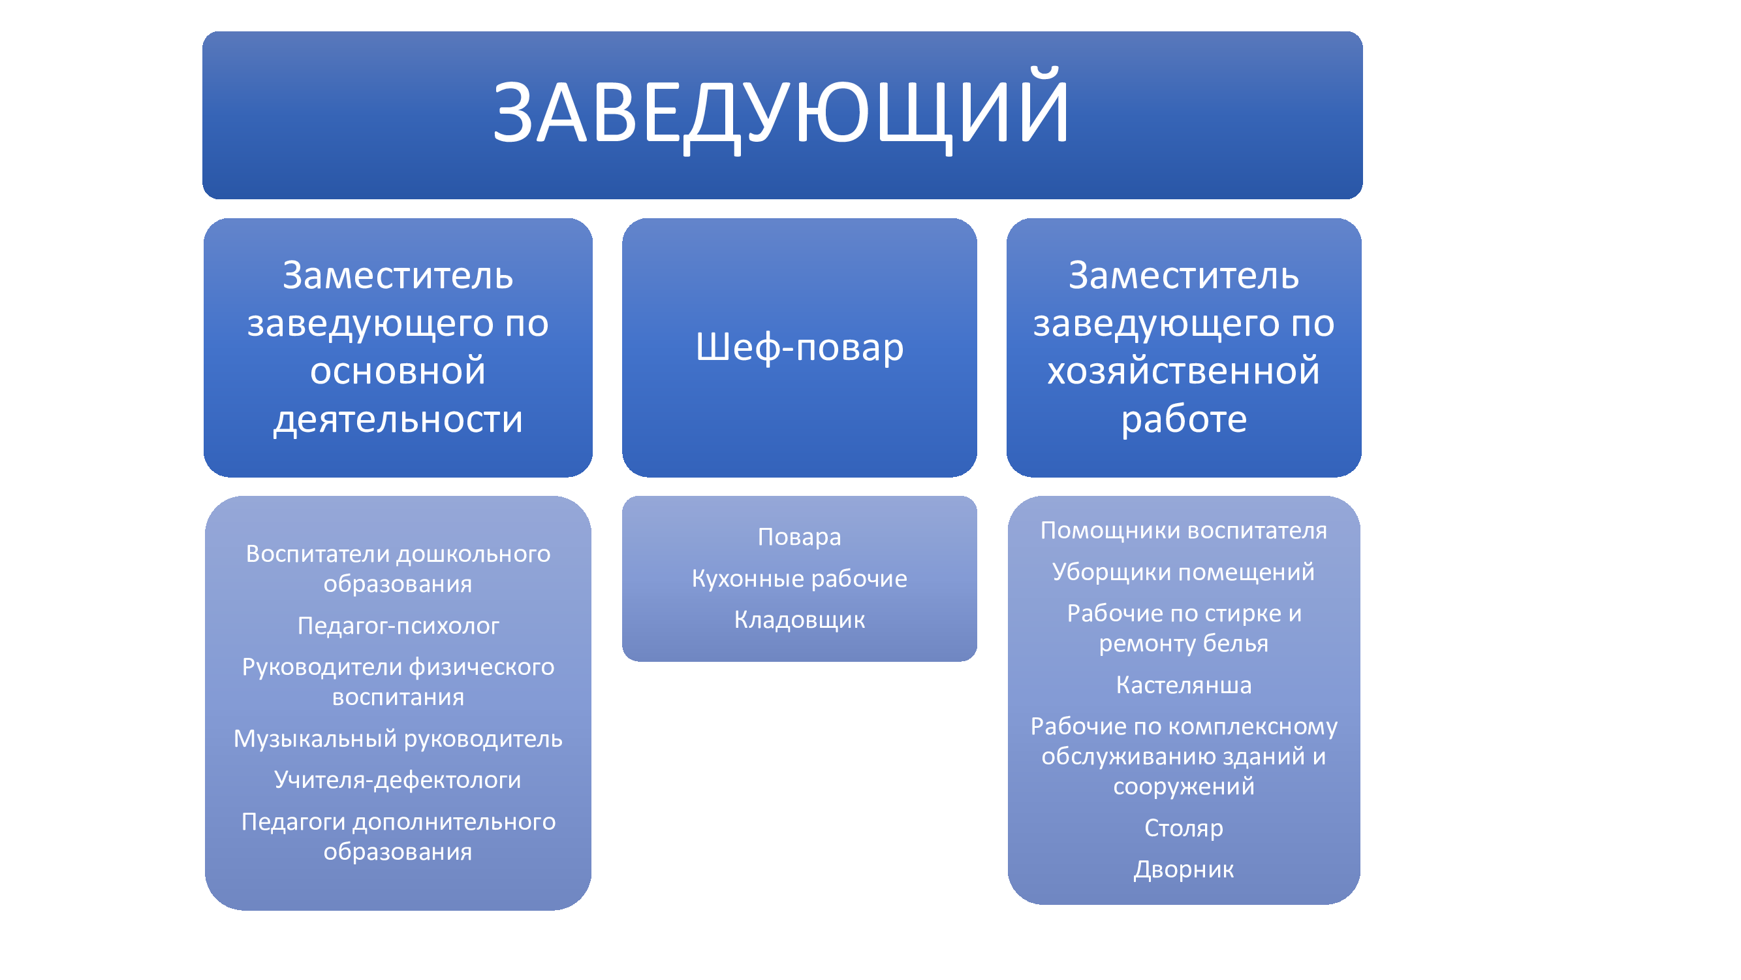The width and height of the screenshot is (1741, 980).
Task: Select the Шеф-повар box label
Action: (x=800, y=348)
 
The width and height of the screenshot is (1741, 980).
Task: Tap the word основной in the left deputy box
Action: (x=398, y=370)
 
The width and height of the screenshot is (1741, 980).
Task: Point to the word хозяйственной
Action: (x=1184, y=370)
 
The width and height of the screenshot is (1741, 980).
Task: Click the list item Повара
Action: (x=800, y=537)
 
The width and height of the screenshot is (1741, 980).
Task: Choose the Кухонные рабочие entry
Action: (x=800, y=578)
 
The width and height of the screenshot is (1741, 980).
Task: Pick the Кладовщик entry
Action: (x=800, y=619)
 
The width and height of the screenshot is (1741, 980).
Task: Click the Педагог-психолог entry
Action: (x=398, y=626)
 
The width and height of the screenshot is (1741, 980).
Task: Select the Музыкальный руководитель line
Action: (x=398, y=738)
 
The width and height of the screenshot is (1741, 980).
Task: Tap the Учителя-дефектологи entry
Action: (x=398, y=780)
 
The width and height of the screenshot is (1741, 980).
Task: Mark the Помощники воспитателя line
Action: (x=1184, y=531)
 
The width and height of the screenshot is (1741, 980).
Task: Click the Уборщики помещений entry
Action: (x=1184, y=572)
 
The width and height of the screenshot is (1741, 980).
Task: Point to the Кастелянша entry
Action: (x=1184, y=685)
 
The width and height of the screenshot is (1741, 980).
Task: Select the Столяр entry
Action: (x=1184, y=828)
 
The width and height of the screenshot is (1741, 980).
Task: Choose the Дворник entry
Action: (x=1184, y=869)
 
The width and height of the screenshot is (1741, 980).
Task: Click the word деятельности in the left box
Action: (x=398, y=419)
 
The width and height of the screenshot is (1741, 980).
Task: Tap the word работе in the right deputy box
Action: (x=1184, y=419)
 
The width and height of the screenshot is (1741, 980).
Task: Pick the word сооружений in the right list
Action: (x=1184, y=787)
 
